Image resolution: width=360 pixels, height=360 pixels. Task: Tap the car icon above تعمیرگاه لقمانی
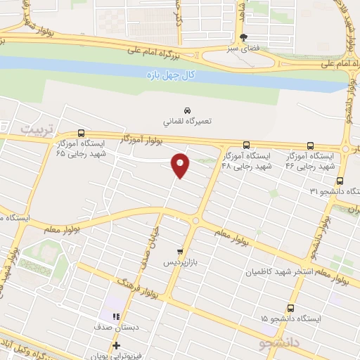pyautogui.click(x=187, y=110)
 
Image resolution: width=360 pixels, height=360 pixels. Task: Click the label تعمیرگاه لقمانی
pyautogui.click(x=187, y=121)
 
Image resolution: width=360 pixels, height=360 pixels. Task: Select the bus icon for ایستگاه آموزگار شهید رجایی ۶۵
pyautogui.click(x=82, y=133)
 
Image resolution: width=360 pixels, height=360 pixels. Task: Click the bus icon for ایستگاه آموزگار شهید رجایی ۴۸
pyautogui.click(x=245, y=145)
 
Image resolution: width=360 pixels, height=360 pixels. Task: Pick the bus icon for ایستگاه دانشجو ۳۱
pyautogui.click(x=340, y=181)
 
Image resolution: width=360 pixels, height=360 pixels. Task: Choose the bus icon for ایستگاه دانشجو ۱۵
pyautogui.click(x=291, y=308)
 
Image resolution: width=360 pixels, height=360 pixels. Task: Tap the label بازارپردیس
pyautogui.click(x=178, y=262)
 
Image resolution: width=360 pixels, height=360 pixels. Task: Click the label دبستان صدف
pyautogui.click(x=113, y=328)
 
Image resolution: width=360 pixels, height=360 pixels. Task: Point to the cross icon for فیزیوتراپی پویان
pyautogui.click(x=116, y=345)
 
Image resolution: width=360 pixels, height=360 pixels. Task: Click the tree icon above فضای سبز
pyautogui.click(x=243, y=38)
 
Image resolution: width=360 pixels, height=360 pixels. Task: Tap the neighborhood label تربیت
pyautogui.click(x=36, y=130)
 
